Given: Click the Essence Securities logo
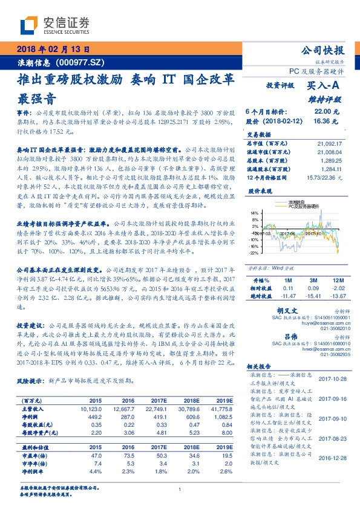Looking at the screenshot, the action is click(x=54, y=25).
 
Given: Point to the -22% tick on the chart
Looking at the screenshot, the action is click(x=255, y=253).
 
